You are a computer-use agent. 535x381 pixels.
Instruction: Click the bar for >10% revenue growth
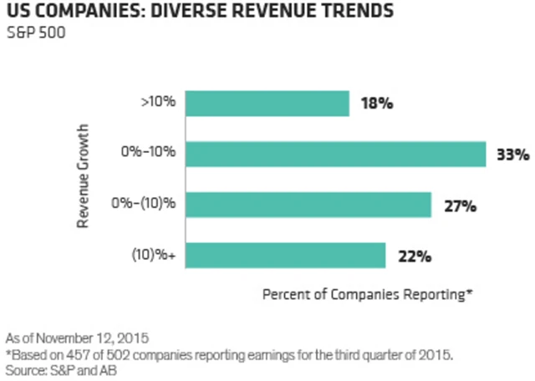tap(267, 104)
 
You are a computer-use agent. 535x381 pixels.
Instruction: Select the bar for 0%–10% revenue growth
tap(335, 155)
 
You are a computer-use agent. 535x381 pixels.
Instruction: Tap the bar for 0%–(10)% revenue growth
tap(308, 206)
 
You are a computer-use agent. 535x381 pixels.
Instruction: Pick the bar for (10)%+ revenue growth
tap(285, 256)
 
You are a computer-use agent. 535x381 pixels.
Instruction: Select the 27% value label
tap(458, 206)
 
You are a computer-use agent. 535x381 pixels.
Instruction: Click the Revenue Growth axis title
tap(84, 180)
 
